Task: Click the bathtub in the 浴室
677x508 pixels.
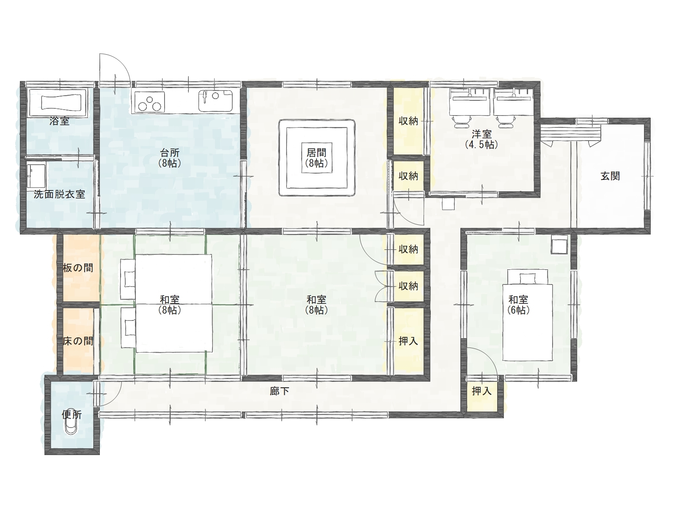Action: tap(58, 103)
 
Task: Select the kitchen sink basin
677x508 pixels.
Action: tap(216, 101)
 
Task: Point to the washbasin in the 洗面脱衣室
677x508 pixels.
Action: tap(36, 176)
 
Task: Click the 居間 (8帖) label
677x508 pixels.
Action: tap(316, 157)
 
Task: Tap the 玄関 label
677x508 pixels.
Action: tap(610, 176)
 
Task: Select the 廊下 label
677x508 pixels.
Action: tap(279, 392)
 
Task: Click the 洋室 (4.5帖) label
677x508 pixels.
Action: tap(481, 139)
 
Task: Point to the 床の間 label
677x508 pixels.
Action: tap(78, 341)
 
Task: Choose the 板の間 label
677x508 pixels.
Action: tap(78, 268)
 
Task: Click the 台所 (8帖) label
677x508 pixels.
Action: tap(170, 157)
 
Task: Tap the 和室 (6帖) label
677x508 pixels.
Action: tap(518, 305)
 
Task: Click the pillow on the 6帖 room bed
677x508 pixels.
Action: tap(528, 279)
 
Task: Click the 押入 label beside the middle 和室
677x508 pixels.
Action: tap(408, 341)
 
